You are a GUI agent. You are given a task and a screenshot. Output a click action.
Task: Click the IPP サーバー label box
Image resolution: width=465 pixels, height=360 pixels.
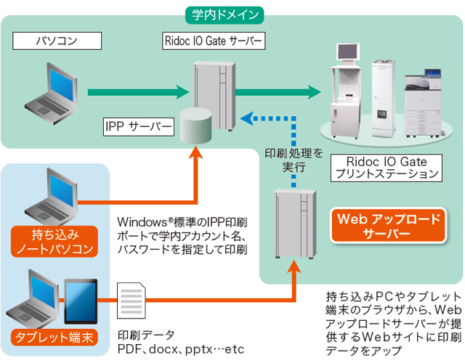click(x=138, y=128)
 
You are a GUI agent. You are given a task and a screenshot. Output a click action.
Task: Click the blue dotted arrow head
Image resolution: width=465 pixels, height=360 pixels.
click(x=246, y=116)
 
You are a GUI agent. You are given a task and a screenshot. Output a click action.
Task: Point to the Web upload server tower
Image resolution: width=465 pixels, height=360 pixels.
click(x=294, y=221)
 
